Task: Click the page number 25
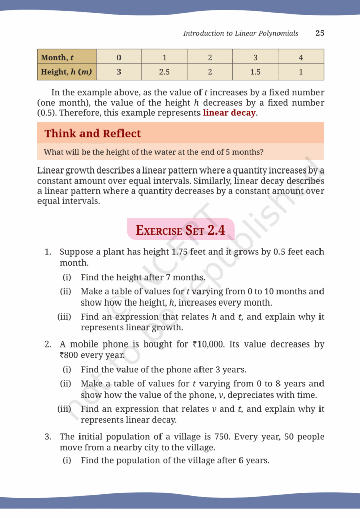click(319, 33)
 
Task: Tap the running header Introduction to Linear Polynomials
click(241, 33)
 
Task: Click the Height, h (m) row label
click(66, 72)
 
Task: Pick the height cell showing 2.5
click(164, 72)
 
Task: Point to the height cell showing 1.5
click(255, 72)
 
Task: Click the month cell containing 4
click(301, 57)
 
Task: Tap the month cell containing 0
click(118, 57)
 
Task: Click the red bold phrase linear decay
click(229, 113)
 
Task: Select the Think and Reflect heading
click(92, 134)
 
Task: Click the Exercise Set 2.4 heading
click(180, 230)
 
